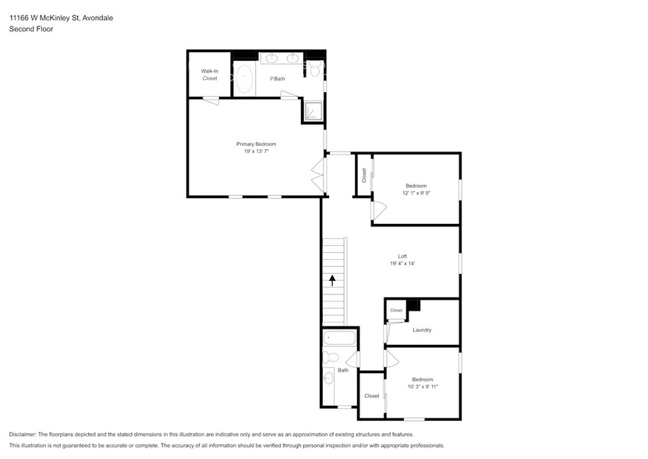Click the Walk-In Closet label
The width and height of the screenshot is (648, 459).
210,74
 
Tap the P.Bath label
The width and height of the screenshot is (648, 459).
278,79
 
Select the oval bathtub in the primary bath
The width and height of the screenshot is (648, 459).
244,78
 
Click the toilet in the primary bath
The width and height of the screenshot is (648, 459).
316,69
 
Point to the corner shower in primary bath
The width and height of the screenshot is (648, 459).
313,112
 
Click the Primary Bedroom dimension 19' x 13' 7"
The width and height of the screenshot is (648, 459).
257,151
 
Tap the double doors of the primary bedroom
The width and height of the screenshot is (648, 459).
319,175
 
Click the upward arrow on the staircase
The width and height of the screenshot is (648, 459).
332,280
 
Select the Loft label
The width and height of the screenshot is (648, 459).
402,256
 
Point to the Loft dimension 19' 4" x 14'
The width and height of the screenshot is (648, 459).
402,263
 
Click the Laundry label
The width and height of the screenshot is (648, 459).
422,330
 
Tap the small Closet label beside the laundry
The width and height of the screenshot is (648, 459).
396,310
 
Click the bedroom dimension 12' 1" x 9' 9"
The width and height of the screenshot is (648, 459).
416,193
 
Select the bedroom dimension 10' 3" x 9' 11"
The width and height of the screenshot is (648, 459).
423,386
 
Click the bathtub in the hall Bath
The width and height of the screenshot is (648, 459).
339,338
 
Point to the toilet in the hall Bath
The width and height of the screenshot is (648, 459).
331,357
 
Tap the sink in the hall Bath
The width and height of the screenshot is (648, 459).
328,378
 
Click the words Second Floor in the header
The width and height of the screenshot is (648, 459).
31,29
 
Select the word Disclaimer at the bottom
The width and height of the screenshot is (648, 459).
23,435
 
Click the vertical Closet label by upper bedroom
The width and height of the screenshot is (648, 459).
363,175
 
